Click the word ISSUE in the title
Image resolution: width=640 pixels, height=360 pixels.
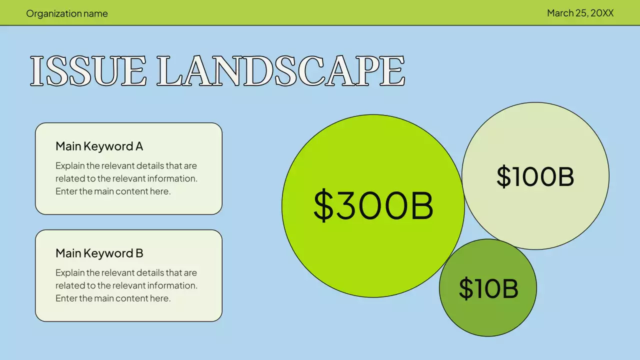(x=88, y=71)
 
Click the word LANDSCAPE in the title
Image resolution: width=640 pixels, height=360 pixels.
(x=280, y=71)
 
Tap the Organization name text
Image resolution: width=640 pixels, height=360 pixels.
(x=67, y=13)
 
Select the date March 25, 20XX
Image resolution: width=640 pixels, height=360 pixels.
(x=580, y=13)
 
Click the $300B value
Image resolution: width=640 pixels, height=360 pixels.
(x=373, y=205)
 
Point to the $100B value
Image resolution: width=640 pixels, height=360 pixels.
(x=535, y=176)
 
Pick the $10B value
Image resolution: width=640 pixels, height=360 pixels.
(x=488, y=288)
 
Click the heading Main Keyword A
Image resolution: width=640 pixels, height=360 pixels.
(x=99, y=146)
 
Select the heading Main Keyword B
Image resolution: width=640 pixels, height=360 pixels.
(x=99, y=253)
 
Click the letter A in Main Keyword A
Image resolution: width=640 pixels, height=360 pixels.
(x=139, y=146)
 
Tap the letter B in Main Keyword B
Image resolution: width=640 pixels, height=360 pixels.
(x=139, y=253)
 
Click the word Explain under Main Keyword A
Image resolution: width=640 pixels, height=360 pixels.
(x=69, y=165)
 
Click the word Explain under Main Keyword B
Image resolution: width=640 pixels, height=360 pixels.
(x=69, y=272)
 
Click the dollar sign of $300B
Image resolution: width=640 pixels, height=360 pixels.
(x=323, y=205)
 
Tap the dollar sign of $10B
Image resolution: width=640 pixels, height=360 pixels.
(x=466, y=288)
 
